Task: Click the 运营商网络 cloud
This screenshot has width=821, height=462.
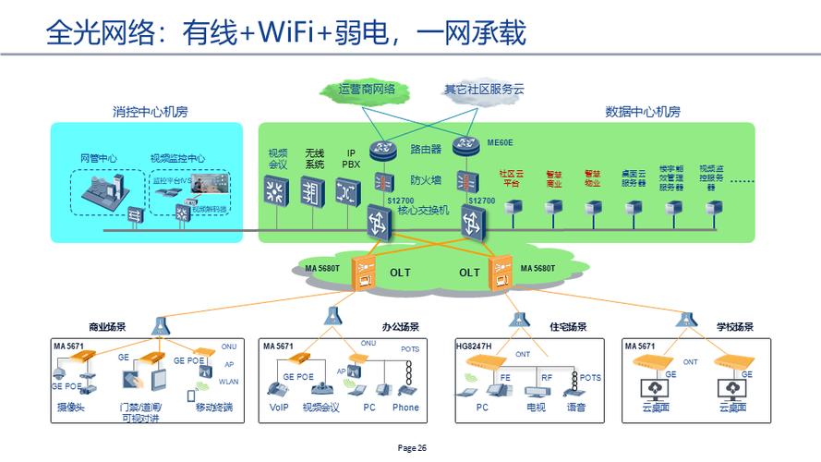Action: [x=367, y=90]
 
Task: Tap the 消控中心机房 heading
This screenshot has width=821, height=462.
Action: [x=151, y=112]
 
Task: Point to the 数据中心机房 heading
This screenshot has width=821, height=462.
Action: [x=643, y=112]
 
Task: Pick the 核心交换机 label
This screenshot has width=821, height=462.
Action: [x=423, y=211]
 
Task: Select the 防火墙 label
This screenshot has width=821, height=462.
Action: [x=425, y=179]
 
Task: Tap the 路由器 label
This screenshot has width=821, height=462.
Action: [x=425, y=148]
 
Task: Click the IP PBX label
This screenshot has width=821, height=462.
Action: [x=351, y=159]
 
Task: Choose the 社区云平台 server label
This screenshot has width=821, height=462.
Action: [x=511, y=177]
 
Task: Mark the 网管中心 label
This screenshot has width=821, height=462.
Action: [x=98, y=158]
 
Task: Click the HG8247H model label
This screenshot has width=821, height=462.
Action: [x=476, y=346]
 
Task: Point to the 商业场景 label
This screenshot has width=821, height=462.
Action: [x=107, y=327]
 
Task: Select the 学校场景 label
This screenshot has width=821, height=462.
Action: [x=735, y=327]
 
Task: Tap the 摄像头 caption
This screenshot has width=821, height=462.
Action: [x=71, y=407]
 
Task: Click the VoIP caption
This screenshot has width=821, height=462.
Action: [x=279, y=407]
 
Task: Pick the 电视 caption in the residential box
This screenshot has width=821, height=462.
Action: [x=537, y=407]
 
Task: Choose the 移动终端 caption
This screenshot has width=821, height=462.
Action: [x=215, y=407]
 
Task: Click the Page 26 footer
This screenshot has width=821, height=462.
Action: [x=412, y=448]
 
